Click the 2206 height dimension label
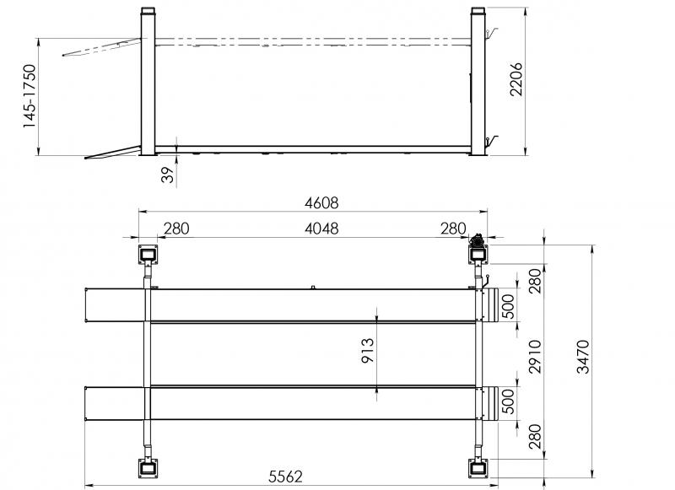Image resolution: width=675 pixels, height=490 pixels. pyautogui.click(x=516, y=79)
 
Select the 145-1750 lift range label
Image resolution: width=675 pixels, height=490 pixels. pyautogui.click(x=30, y=96)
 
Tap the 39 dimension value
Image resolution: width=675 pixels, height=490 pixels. pyautogui.click(x=168, y=175)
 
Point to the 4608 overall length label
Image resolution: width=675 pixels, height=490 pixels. pyautogui.click(x=321, y=202)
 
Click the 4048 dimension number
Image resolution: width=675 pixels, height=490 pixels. pyautogui.click(x=321, y=229)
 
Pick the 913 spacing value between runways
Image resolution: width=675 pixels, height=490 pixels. pyautogui.click(x=368, y=351)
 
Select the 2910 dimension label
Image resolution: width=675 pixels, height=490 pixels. pyautogui.click(x=535, y=357)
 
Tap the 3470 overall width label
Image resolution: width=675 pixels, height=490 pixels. pyautogui.click(x=583, y=357)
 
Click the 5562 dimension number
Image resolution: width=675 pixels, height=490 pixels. pyautogui.click(x=285, y=477)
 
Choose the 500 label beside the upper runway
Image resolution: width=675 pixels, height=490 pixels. pyautogui.click(x=509, y=306)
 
